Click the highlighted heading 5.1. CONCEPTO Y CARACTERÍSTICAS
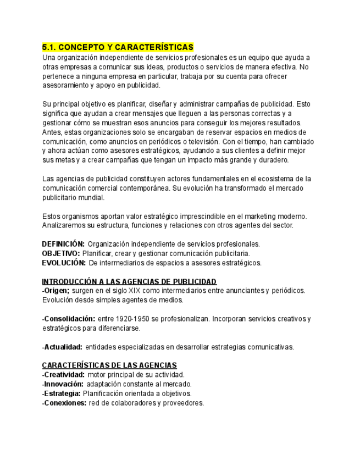118,47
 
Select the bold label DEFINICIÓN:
63,244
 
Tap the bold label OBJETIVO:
61,253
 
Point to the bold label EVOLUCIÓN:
63,263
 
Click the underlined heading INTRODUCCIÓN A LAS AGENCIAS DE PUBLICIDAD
129,281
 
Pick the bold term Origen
57,291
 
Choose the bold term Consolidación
69,319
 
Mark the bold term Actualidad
63,347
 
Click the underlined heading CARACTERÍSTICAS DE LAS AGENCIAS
109,365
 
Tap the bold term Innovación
64,384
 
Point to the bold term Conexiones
65,403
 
